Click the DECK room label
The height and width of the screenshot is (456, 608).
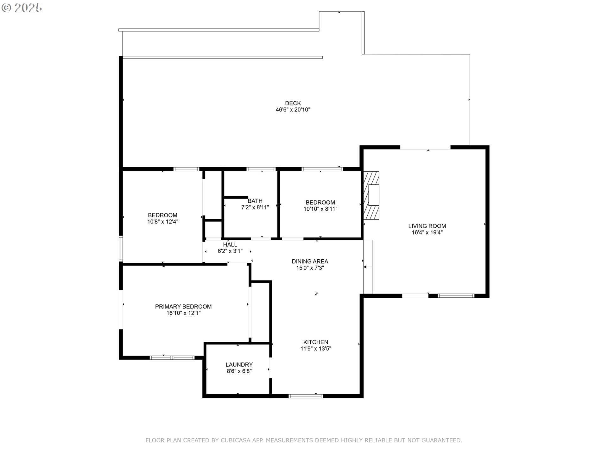click(293, 103)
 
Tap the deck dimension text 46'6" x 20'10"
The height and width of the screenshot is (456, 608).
click(293, 110)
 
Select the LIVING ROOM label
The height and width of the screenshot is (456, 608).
click(427, 226)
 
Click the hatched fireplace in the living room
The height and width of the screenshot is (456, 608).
click(371, 195)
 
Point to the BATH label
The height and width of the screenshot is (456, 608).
click(255, 201)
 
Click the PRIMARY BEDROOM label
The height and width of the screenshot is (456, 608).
click(183, 307)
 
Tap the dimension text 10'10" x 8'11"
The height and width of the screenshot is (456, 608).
click(320, 209)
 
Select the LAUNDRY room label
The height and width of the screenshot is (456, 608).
click(239, 364)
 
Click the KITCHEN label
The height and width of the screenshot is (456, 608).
click(315, 342)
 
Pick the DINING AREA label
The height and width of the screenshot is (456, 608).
click(310, 261)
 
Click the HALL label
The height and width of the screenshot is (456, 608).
click(230, 244)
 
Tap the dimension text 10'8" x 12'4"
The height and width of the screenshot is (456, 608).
click(162, 222)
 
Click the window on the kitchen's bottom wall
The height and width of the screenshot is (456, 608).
click(306, 396)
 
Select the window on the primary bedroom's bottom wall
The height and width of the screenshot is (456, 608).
click(172, 358)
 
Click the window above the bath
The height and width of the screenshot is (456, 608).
click(261, 169)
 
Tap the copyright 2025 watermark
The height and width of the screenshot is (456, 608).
click(22, 8)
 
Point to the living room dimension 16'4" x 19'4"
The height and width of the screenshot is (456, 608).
click(427, 232)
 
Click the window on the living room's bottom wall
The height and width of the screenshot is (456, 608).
click(456, 296)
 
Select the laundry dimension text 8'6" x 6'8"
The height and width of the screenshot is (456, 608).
click(239, 371)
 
